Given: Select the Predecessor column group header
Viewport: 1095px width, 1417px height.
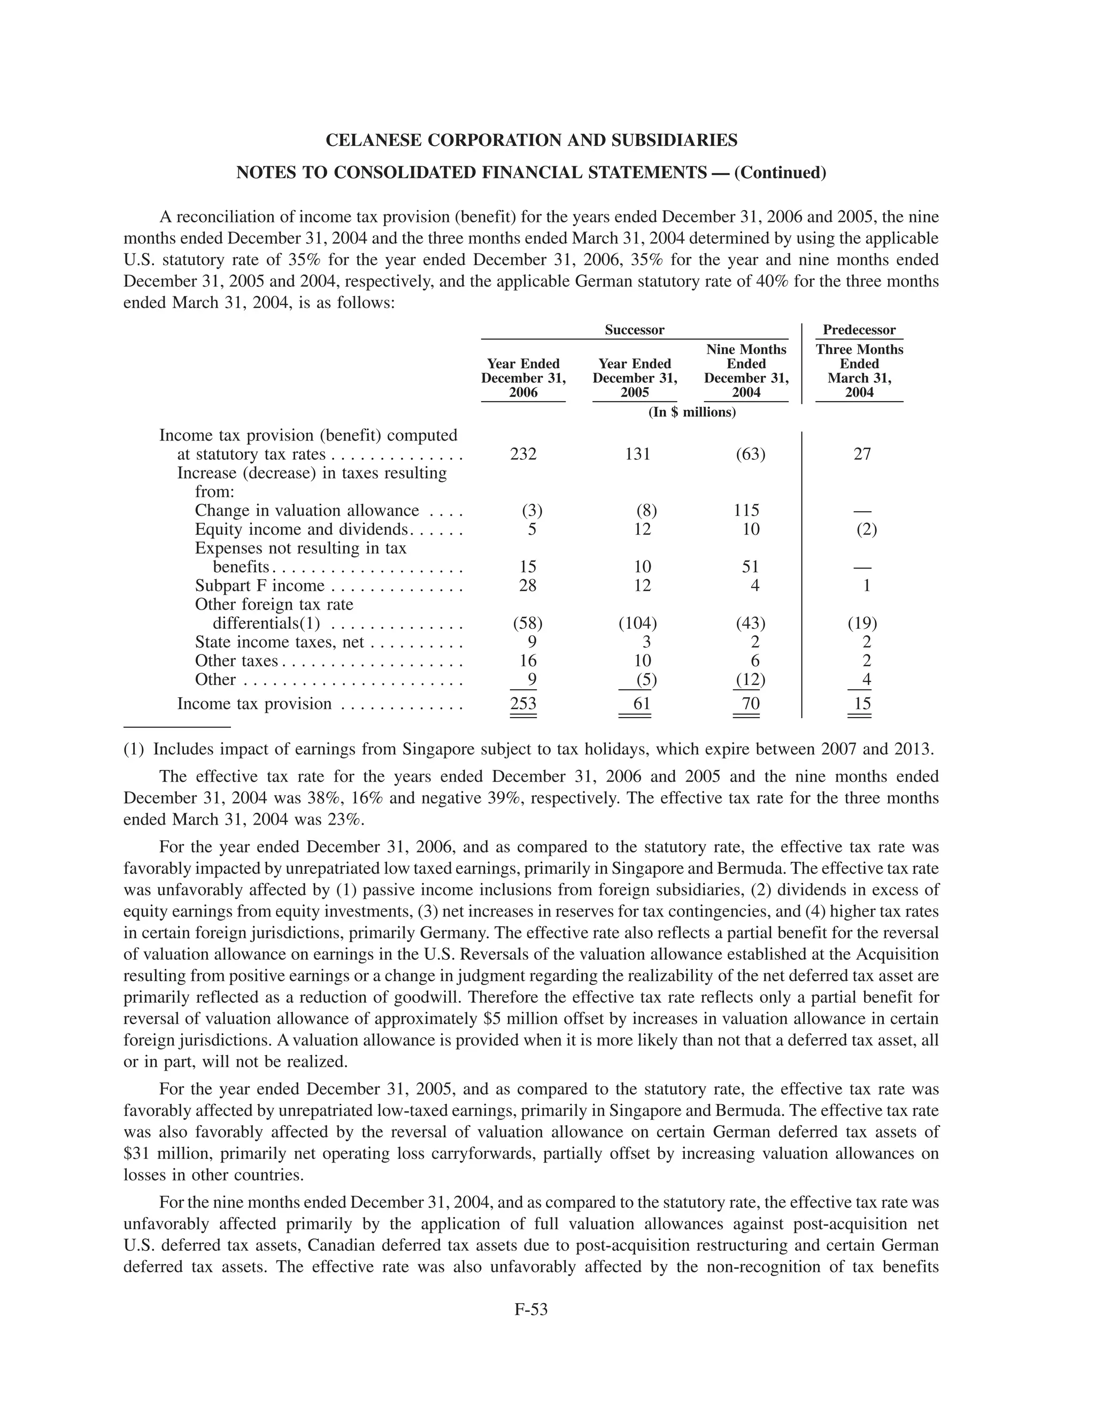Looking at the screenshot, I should coord(859,330).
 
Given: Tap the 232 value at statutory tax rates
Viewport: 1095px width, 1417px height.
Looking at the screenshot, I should coord(523,454).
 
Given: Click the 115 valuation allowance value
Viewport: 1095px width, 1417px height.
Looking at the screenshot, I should coord(746,511).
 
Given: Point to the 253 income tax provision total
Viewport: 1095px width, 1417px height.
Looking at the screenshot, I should coord(523,704).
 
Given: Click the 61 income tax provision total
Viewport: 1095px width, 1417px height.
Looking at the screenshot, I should coord(642,704).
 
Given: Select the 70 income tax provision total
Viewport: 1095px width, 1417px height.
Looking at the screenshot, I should coord(751,704).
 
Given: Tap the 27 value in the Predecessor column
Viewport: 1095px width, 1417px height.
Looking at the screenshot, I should coord(862,454).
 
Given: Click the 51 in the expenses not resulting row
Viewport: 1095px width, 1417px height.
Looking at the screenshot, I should coord(751,567).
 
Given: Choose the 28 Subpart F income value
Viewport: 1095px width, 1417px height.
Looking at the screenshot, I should coord(528,586).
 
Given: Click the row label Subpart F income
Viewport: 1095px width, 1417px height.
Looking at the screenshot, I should coord(259,586).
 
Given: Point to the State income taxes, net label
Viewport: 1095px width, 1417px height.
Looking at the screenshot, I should coord(280,642).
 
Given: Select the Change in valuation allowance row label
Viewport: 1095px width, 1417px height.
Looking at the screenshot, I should coord(307,511).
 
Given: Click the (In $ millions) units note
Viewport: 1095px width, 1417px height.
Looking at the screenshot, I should coord(692,413).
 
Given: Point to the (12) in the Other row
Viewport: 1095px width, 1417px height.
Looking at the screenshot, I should coord(750,680).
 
